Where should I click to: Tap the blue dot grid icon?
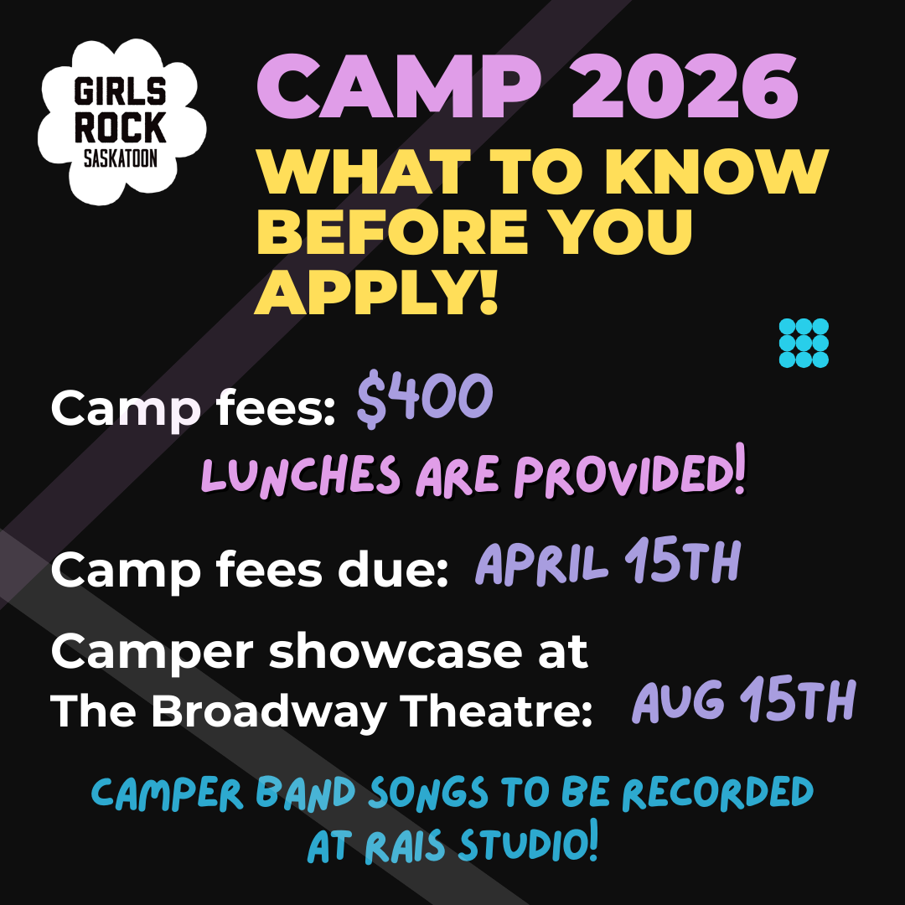(x=803, y=343)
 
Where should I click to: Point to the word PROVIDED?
(x=629, y=476)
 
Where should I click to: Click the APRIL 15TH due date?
(x=608, y=563)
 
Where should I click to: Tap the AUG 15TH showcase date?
(x=743, y=701)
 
